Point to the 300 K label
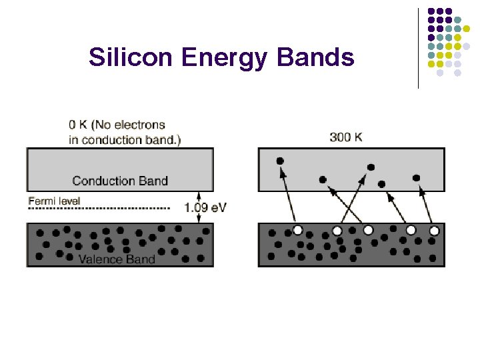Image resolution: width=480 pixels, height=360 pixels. [346, 137]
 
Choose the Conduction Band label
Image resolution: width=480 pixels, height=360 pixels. [120, 181]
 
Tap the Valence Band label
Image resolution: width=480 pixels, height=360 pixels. [117, 259]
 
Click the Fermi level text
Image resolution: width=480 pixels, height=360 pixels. [54, 201]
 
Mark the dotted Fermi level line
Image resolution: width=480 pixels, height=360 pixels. [100, 209]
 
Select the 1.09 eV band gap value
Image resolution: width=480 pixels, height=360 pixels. [205, 207]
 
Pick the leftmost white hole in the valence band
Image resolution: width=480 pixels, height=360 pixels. [298, 230]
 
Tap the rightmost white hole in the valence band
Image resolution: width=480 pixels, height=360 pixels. [434, 231]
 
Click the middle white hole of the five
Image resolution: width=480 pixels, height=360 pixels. [368, 230]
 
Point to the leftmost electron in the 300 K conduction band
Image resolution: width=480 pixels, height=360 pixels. [280, 161]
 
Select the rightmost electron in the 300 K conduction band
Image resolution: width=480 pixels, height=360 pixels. [417, 178]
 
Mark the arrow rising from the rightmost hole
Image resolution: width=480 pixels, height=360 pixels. [425, 203]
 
